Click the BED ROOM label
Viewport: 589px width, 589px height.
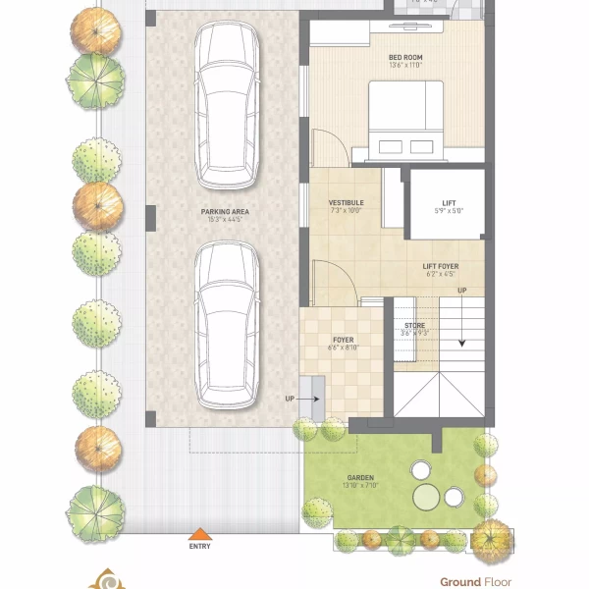click(404, 56)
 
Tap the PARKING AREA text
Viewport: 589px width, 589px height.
click(225, 211)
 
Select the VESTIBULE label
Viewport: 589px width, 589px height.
click(346, 202)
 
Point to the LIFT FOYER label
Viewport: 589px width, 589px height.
click(441, 266)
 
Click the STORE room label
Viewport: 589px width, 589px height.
click(415, 325)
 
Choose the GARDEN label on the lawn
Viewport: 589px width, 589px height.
click(360, 477)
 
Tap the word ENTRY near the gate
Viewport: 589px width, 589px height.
click(199, 547)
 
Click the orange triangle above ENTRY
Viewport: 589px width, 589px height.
click(199, 534)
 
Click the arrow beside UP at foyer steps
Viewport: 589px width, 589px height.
click(316, 399)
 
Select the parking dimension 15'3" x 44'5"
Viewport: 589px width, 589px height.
click(225, 220)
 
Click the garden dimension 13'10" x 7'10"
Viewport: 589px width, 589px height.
click(360, 485)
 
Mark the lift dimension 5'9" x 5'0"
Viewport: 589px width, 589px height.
click(448, 211)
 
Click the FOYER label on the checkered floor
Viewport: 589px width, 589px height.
click(343, 340)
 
